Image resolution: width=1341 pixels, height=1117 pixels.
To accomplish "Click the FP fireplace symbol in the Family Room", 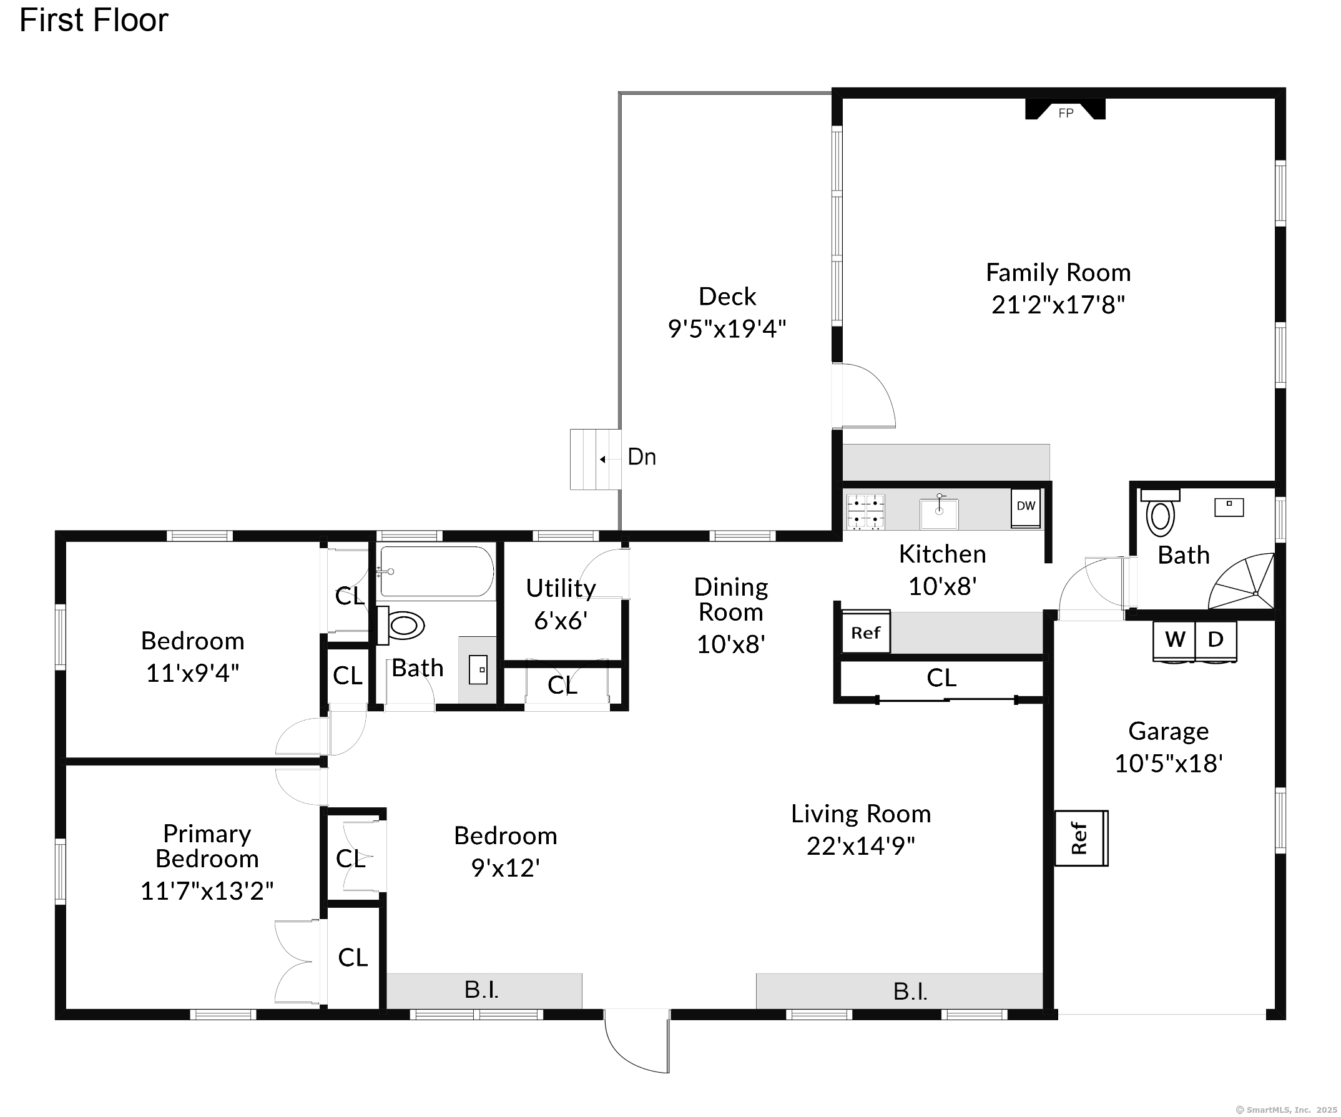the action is click(x=1065, y=109).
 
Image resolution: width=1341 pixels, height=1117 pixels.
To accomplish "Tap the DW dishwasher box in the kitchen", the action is click(x=1026, y=508).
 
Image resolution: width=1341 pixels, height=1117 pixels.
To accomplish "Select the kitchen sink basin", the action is click(x=939, y=513).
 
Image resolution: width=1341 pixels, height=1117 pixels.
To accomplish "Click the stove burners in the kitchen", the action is click(x=865, y=511).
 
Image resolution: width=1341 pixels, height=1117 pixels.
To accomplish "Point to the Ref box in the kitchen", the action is click(x=866, y=632).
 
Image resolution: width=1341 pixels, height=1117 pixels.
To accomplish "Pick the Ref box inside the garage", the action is click(x=1081, y=838).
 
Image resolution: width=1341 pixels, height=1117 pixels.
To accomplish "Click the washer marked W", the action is click(x=1174, y=641).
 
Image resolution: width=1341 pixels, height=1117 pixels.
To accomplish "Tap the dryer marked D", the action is click(x=1216, y=641).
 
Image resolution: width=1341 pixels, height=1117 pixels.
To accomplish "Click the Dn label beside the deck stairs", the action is click(x=642, y=456).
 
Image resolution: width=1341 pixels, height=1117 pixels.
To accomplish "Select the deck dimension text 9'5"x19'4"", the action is click(x=727, y=329).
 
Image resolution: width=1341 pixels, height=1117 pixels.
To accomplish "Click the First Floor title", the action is click(x=94, y=20).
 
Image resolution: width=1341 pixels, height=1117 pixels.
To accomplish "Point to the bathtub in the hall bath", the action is click(x=436, y=571).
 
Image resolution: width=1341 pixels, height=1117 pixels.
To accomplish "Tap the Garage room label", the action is click(x=1169, y=731).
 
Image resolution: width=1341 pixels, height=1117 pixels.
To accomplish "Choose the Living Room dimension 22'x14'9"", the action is click(x=861, y=846).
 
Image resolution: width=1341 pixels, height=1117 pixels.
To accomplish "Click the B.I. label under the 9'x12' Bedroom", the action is click(x=481, y=989).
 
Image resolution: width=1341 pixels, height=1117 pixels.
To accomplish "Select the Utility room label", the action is click(x=561, y=588).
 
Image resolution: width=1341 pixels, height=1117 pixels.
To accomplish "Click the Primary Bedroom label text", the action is click(x=207, y=846).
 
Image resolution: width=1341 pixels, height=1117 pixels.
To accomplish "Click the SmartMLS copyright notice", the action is click(x=1286, y=1110).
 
